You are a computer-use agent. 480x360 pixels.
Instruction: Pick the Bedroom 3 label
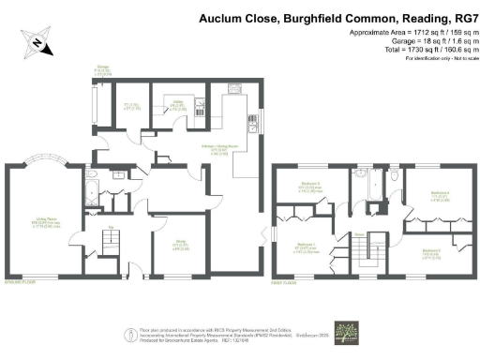point(430,251)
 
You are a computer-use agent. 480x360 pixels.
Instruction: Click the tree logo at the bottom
point(353,336)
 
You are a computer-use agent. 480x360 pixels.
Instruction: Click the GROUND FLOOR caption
point(22,280)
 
